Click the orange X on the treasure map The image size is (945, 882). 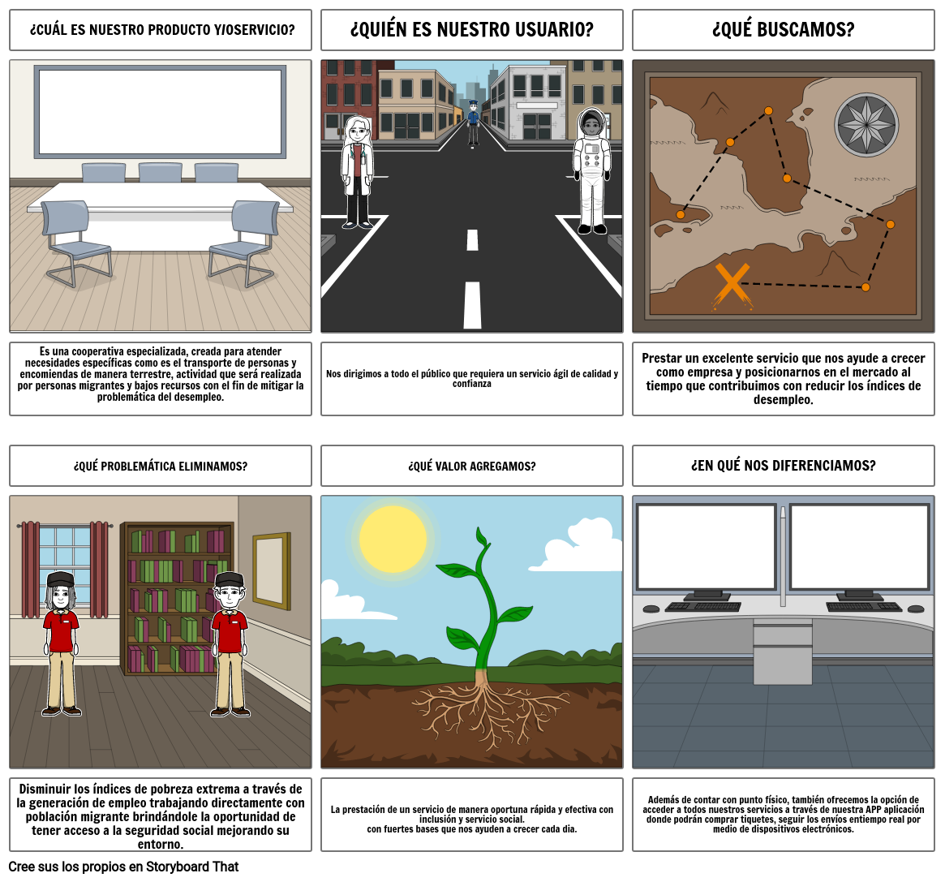(x=732, y=286)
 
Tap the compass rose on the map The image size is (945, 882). (x=866, y=126)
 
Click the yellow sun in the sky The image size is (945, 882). (x=393, y=539)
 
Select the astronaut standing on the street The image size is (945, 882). (x=591, y=171)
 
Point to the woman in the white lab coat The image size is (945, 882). (x=358, y=172)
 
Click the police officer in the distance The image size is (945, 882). (x=473, y=123)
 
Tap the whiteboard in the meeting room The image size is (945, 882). (x=161, y=112)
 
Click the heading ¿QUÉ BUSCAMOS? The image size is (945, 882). (x=783, y=29)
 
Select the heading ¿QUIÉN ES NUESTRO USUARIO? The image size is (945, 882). (x=472, y=29)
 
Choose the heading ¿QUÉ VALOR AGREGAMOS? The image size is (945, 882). (x=472, y=466)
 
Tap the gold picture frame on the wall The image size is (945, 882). (x=271, y=571)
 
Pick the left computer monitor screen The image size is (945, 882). (x=706, y=547)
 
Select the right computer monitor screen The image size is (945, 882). (x=859, y=547)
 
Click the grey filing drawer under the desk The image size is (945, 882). (x=782, y=652)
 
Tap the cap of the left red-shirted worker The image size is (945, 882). (x=60, y=579)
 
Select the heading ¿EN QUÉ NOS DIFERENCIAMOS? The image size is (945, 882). (x=783, y=466)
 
